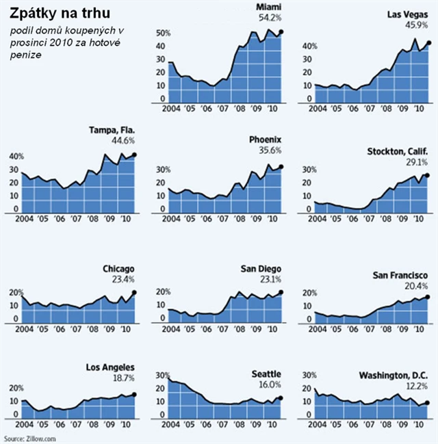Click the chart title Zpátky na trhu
pos(59,14)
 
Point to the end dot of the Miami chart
pos(282,31)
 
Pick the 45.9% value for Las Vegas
pos(415,25)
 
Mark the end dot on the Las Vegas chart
pos(429,42)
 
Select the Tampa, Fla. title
pos(112,130)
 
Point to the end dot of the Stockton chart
pos(428,175)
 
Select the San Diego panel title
pos(265,269)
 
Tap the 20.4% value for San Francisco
pos(415,286)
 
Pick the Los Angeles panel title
pos(110,367)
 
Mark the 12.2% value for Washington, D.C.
pos(415,386)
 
